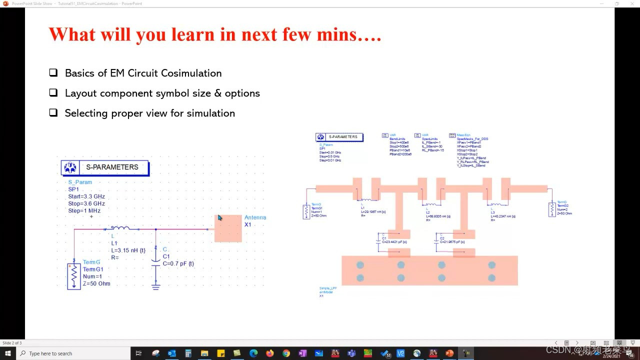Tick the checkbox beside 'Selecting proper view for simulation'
[53, 113]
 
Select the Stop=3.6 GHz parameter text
[86, 203]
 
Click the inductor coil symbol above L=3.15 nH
[120, 228]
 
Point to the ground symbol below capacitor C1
[156, 286]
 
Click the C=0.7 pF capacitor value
[178, 263]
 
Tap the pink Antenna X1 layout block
[228, 229]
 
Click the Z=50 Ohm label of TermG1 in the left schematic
[96, 283]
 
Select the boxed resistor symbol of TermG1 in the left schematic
[74, 276]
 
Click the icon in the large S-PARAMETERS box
[70, 167]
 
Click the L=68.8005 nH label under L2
[438, 216]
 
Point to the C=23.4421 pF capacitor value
[397, 242]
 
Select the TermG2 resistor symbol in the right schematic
[552, 209]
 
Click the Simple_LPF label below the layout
[327, 288]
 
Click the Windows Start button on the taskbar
[7, 353]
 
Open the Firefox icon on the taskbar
[270, 353]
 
